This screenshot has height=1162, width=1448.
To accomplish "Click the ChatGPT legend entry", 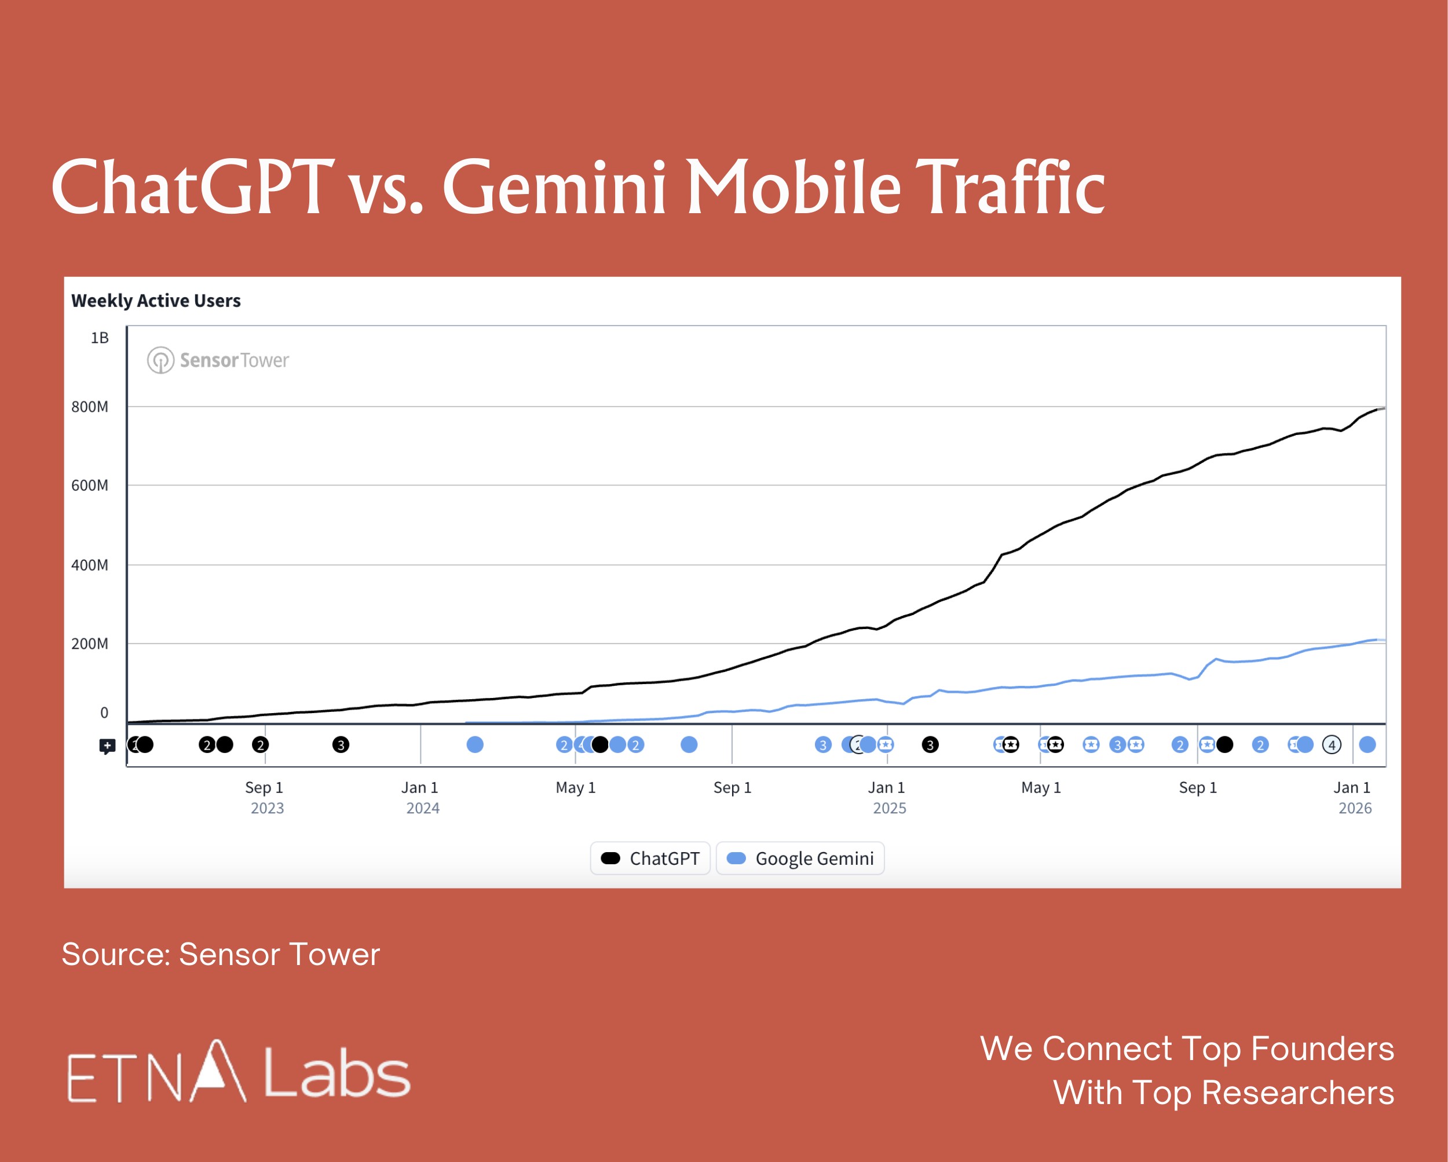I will (650, 858).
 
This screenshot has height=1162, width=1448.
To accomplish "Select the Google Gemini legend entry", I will (800, 858).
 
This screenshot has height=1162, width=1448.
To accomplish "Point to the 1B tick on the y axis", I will (100, 338).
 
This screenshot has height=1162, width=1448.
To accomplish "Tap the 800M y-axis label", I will (89, 407).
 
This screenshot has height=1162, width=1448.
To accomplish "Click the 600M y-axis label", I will (89, 485).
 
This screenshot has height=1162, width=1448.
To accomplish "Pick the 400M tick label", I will (89, 565).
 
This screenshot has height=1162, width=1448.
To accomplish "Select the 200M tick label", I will (89, 644).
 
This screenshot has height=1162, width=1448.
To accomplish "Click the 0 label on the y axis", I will (104, 712).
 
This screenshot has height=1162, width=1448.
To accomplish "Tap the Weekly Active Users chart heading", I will (156, 300).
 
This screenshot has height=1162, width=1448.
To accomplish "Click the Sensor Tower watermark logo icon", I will (160, 360).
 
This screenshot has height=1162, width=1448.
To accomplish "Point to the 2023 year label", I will (268, 808).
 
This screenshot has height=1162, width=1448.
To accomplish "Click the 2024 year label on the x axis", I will (422, 808).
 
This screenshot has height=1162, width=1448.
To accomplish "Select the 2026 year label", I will (1355, 808).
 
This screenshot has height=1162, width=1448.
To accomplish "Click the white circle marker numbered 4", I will (1331, 744).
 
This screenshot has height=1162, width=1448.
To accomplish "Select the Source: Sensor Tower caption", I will (220, 955).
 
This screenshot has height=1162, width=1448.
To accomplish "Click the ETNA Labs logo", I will (239, 1072).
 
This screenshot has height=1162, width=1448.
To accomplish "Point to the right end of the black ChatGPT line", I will (1382, 408).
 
